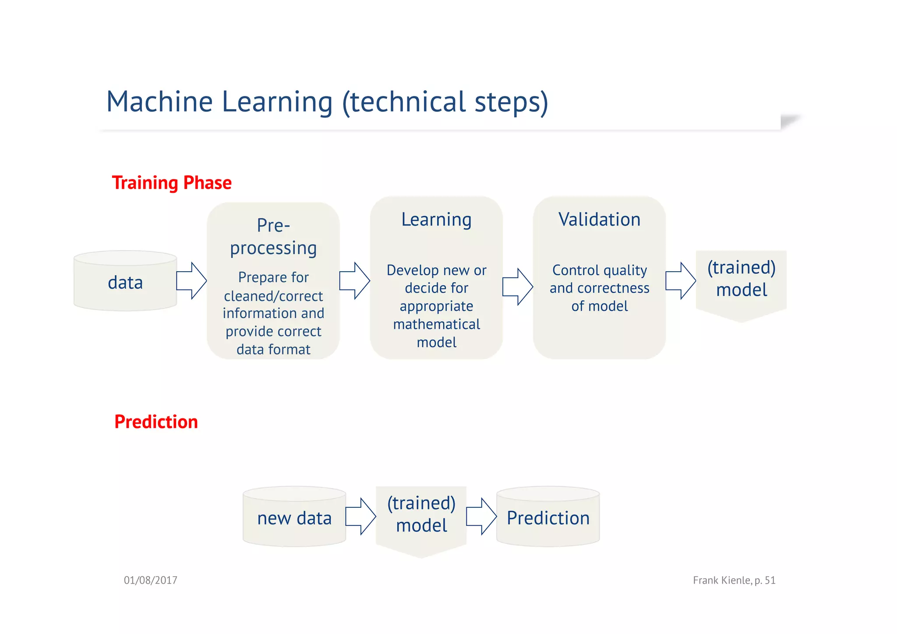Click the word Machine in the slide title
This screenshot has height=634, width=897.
tap(159, 102)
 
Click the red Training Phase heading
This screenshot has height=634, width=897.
tap(171, 183)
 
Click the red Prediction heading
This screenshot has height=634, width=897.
tap(156, 421)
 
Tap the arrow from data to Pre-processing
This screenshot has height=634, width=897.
tap(191, 281)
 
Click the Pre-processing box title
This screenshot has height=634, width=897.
tap(273, 237)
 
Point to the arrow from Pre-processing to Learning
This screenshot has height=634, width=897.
tap(354, 281)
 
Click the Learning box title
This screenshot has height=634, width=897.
tap(436, 220)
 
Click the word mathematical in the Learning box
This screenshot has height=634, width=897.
tap(436, 324)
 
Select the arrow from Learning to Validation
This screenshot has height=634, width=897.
tap(517, 287)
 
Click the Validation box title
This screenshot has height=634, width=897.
tap(599, 220)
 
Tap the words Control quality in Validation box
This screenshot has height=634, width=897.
tap(599, 270)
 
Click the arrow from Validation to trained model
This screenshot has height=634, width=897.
tap(680, 281)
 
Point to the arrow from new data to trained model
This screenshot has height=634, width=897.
tap(360, 517)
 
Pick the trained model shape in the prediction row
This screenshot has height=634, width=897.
tap(421, 515)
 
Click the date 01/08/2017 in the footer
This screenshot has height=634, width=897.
tap(150, 581)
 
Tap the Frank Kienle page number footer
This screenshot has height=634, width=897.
tap(734, 581)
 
